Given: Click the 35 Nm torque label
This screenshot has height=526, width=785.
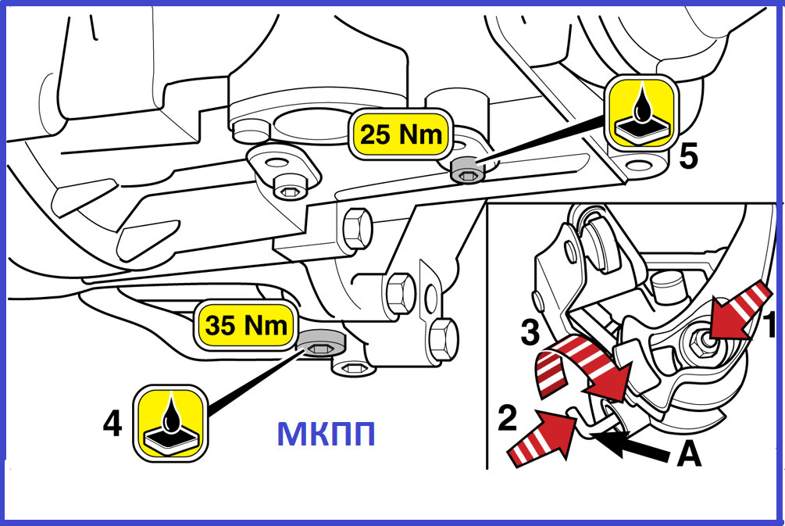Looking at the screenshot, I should (x=247, y=325).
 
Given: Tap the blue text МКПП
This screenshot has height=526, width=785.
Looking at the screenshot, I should (x=326, y=434).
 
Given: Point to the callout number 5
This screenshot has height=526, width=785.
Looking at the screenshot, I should (x=688, y=157).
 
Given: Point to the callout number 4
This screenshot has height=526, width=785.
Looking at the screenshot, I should (x=112, y=424).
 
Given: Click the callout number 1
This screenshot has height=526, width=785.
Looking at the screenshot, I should (x=769, y=325).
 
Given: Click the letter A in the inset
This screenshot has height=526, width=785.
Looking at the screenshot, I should (x=687, y=453).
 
